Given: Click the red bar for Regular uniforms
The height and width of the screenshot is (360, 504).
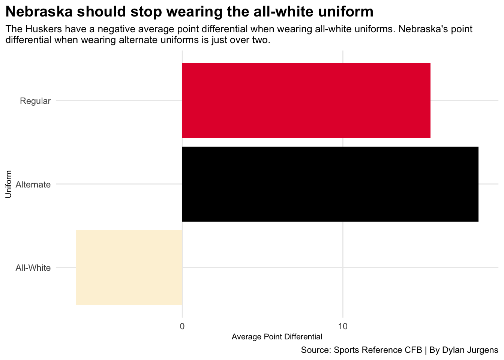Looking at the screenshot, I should pyautogui.click(x=306, y=100).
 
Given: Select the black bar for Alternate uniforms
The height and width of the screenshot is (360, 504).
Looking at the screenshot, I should pyautogui.click(x=330, y=184).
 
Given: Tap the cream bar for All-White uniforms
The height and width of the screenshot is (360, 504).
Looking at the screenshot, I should pyautogui.click(x=129, y=267).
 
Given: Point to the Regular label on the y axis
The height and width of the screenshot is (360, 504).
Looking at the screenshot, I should pyautogui.click(x=35, y=101).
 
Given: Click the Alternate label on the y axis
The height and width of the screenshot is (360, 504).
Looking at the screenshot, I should pyautogui.click(x=33, y=184).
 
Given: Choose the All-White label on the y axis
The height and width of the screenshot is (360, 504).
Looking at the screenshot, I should pyautogui.click(x=33, y=268).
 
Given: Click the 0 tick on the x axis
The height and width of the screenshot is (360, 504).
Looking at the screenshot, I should pyautogui.click(x=182, y=326).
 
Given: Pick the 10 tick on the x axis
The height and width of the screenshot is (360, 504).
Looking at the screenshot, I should pyautogui.click(x=342, y=326).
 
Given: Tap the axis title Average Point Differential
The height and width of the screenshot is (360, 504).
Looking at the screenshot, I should pyautogui.click(x=277, y=337).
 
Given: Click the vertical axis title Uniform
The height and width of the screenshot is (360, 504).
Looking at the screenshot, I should pyautogui.click(x=9, y=184).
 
